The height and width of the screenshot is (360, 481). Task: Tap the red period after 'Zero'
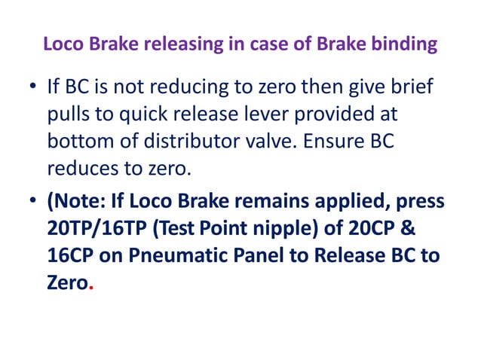click(x=91, y=285)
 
